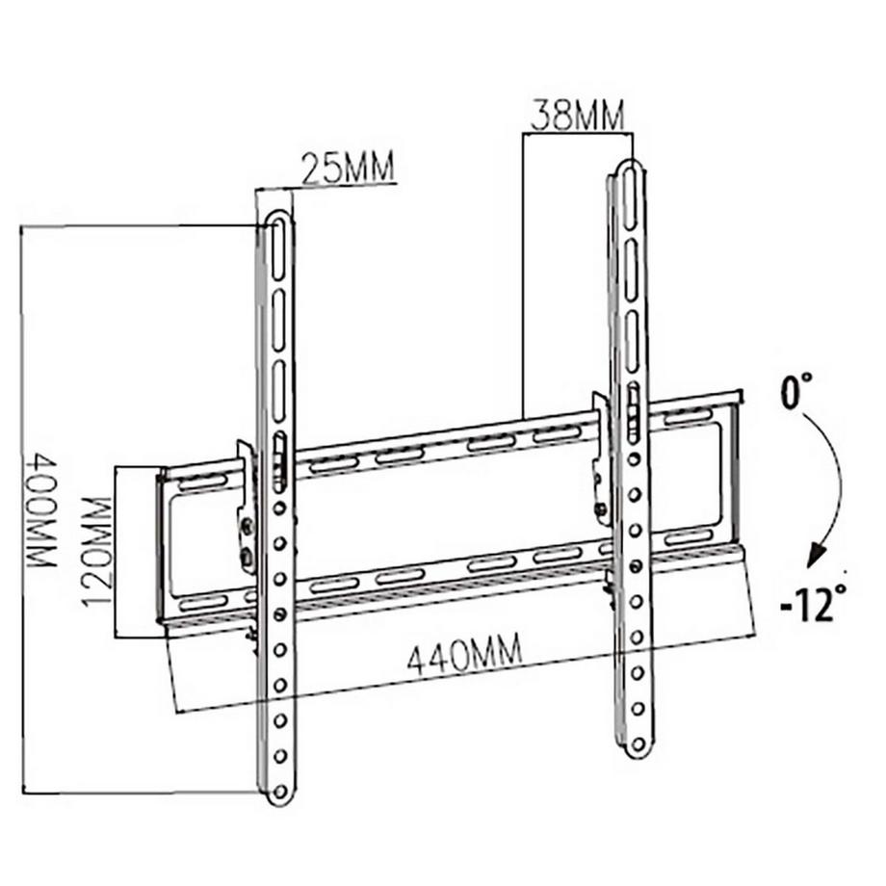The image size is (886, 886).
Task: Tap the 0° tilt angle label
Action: click(795, 395)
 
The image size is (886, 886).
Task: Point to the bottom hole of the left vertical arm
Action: click(279, 791)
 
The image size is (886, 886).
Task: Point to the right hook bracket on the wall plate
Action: click(601, 457)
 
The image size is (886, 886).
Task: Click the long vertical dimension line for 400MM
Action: click(20, 510)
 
